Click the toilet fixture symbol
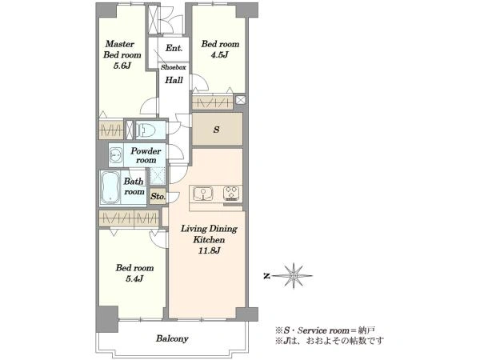146,130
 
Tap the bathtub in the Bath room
110,187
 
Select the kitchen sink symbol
202,193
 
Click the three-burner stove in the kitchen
231,193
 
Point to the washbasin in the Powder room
116,155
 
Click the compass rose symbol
294,276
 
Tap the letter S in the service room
217,130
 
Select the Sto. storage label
158,196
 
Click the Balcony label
172,338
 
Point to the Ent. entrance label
174,48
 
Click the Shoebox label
174,67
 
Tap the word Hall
174,80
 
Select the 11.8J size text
209,250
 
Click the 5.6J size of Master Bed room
122,66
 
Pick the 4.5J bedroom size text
219,55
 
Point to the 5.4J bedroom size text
134,278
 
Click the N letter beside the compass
267,276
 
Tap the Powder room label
146,155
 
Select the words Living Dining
209,229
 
